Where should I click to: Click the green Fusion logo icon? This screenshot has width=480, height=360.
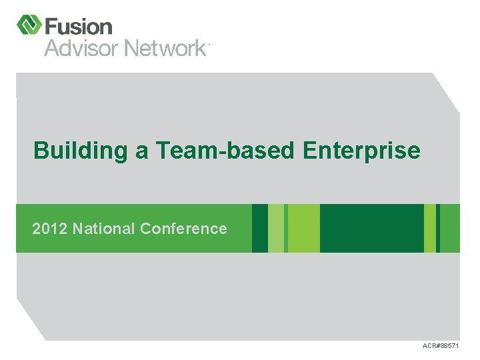[29, 25]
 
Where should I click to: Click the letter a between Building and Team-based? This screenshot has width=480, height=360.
[142, 151]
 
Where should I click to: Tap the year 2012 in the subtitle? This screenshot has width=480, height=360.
[50, 229]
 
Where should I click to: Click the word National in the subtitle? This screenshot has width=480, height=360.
[103, 229]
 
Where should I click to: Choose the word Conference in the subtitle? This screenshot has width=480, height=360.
[183, 229]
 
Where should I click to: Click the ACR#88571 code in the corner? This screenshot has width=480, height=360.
[441, 346]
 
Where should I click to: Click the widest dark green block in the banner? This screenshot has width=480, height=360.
[371, 228]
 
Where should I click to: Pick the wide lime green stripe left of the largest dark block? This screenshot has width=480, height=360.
[303, 228]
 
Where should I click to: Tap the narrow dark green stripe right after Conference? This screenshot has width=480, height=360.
[260, 228]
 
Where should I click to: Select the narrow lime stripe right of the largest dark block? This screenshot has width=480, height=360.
[430, 228]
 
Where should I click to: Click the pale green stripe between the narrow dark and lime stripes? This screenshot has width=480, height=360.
[276, 228]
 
